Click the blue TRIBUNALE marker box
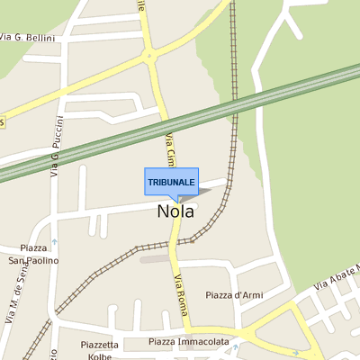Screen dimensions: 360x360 pos(171,181)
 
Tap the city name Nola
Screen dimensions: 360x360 pos(175,211)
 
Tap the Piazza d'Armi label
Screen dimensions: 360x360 pos(233,295)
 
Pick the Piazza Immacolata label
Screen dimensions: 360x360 pos(188,341)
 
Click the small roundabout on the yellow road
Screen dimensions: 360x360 pos(148,57)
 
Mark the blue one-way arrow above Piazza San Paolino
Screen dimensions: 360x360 pos(54,241)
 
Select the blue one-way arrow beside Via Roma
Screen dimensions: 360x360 pos(191,240)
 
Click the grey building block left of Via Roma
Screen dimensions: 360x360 pos(155,259)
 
